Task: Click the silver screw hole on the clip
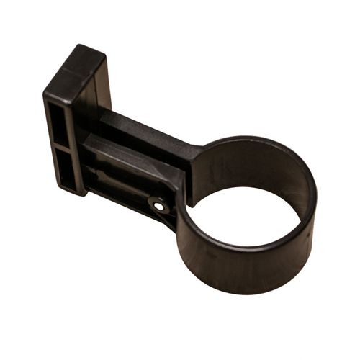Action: click(x=160, y=206)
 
